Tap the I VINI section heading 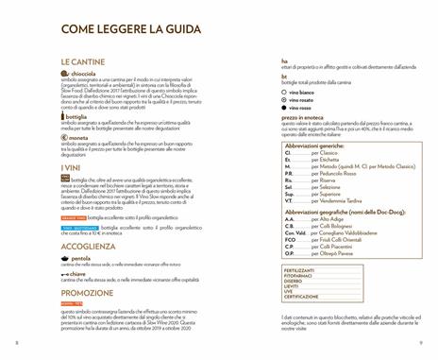73,166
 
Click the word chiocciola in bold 85,73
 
